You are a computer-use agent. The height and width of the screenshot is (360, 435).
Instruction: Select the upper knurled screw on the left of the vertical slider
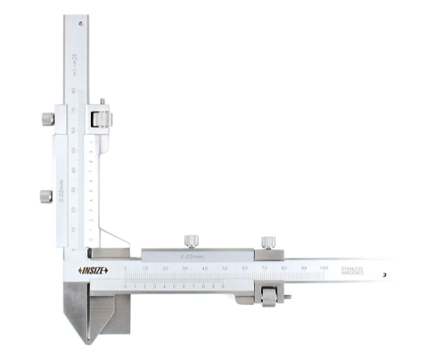click(45, 119)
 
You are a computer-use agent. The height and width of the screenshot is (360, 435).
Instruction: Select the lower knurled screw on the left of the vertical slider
click(45, 196)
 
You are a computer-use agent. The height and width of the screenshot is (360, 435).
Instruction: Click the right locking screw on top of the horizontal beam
click(267, 241)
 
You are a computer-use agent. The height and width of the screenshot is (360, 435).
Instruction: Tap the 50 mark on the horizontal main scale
click(226, 267)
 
